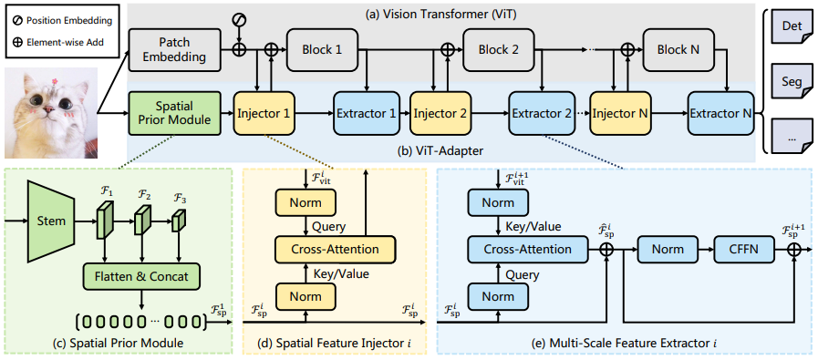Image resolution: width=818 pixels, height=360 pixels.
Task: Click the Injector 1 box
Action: coord(265,113)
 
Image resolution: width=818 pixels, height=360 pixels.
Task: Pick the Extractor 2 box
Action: coord(543,113)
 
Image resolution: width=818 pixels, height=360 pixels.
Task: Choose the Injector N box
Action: coord(621,113)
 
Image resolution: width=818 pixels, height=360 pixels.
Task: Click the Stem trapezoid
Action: coord(53,221)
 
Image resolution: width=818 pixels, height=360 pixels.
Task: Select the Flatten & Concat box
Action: coord(142,276)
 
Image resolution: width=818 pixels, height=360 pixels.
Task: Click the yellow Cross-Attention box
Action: coord(335,249)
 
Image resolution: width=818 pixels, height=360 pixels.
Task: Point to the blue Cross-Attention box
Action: coord(527,249)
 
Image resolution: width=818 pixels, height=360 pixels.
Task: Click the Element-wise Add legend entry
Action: coord(57,43)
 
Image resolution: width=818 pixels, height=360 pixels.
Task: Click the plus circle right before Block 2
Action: coord(447,49)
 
